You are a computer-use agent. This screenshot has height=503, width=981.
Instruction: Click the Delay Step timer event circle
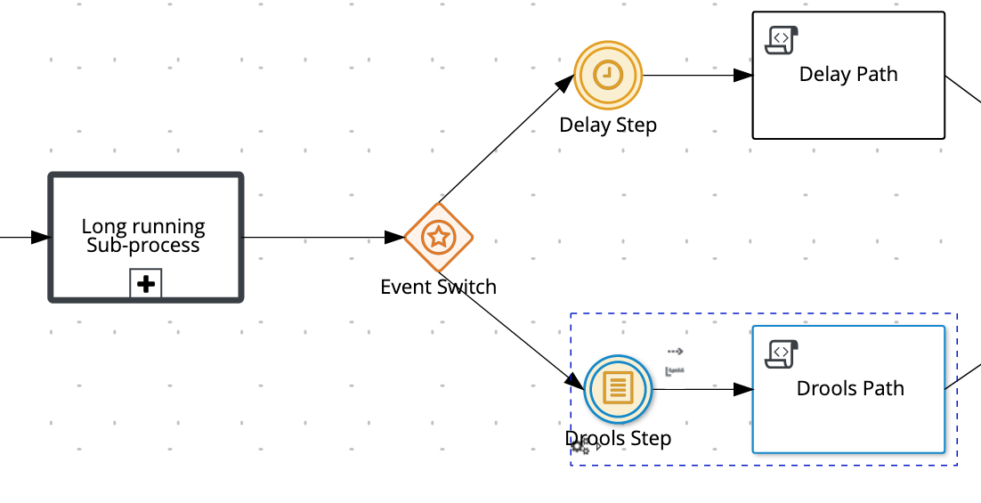(x=608, y=76)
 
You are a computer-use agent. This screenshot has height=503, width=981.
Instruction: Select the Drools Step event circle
(x=618, y=388)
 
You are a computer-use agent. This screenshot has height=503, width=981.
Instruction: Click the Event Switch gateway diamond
(x=438, y=238)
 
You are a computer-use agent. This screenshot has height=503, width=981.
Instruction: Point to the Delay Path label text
(x=848, y=75)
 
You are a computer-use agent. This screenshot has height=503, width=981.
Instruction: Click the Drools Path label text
(x=850, y=389)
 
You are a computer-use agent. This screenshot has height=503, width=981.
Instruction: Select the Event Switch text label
(x=438, y=287)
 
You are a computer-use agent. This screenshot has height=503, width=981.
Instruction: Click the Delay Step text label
(x=608, y=125)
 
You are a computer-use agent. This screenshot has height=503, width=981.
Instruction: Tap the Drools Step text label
(x=618, y=438)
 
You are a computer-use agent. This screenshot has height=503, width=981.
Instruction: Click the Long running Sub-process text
(x=143, y=236)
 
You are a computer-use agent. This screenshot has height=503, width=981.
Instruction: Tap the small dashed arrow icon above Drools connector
(x=676, y=352)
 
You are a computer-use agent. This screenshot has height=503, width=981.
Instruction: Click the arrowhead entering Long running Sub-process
(x=39, y=238)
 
